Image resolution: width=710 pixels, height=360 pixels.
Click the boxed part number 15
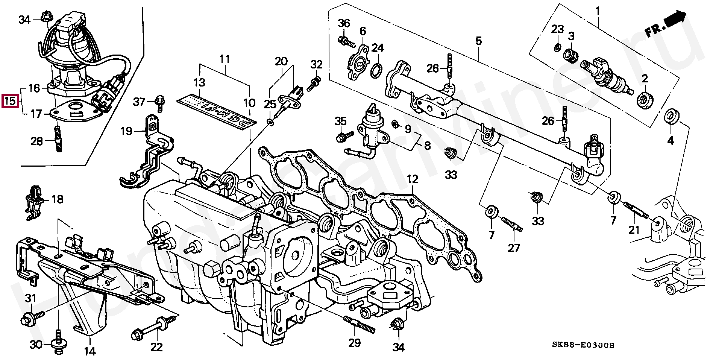[10, 101]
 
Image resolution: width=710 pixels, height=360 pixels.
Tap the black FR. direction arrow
[675, 21]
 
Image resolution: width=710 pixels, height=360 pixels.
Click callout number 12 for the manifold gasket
[413, 179]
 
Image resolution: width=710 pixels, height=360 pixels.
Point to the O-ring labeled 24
[378, 70]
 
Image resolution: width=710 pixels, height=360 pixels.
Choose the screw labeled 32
[314, 84]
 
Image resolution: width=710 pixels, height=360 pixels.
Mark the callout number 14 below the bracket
[90, 351]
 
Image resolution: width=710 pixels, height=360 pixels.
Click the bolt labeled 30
[59, 340]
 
